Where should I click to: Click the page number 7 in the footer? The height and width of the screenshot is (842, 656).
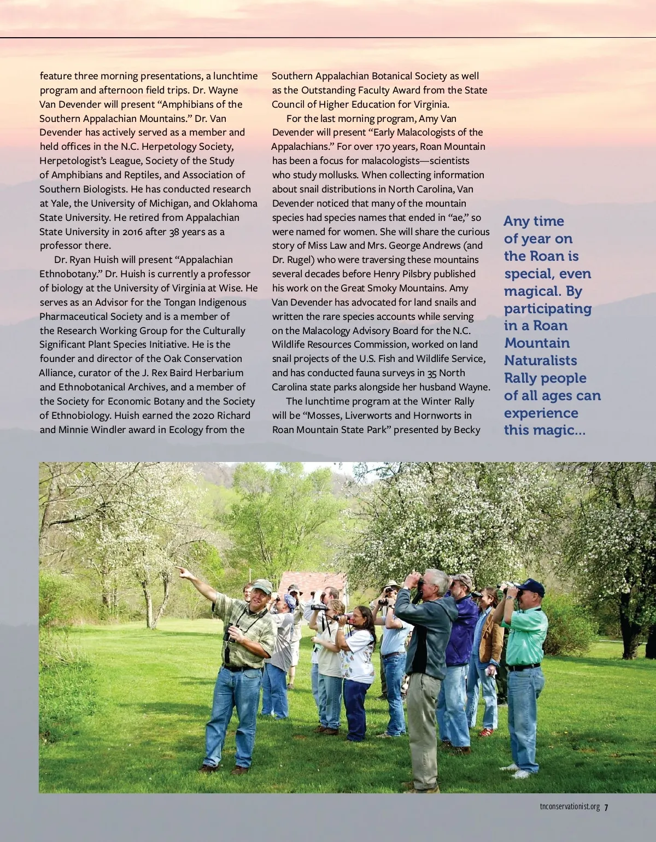[606, 808]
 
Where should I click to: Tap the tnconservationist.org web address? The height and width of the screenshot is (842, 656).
[570, 807]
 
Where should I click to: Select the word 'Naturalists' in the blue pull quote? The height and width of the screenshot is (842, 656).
[540, 361]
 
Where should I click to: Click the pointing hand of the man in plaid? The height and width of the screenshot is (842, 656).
[181, 571]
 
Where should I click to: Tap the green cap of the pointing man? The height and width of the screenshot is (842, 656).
[262, 586]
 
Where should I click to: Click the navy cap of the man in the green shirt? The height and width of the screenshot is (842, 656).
[531, 587]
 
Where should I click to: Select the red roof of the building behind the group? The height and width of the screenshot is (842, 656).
[312, 581]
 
